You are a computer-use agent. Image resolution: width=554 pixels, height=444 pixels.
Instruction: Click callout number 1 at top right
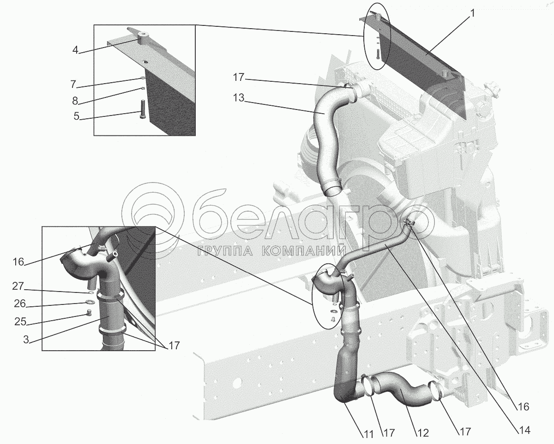(472, 14)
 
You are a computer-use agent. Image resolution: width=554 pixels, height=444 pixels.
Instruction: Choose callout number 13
(239, 99)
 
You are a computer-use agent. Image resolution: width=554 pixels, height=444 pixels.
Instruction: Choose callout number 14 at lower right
(524, 430)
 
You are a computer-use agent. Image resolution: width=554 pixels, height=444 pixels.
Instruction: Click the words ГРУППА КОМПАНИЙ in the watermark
(272, 251)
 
